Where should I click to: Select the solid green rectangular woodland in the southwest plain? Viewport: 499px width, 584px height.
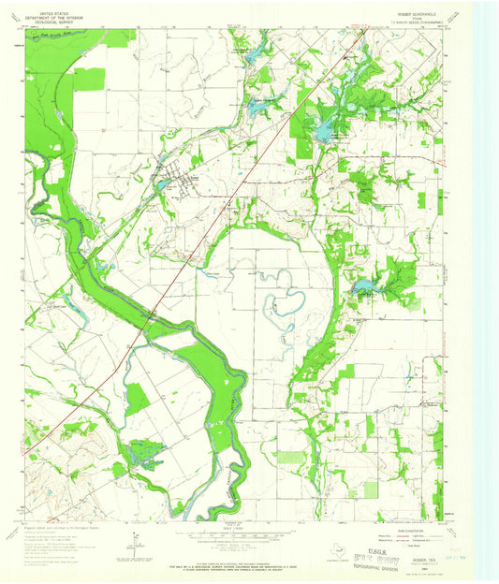coord(138,400)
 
